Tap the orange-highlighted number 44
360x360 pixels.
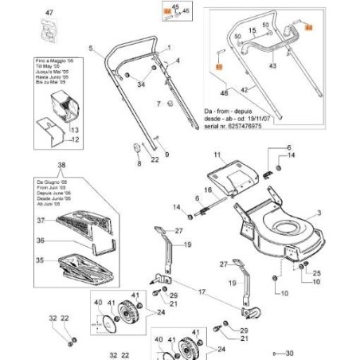pos(310,28)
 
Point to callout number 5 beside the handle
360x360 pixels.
pos(91,49)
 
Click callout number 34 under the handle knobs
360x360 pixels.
pos(141,84)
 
